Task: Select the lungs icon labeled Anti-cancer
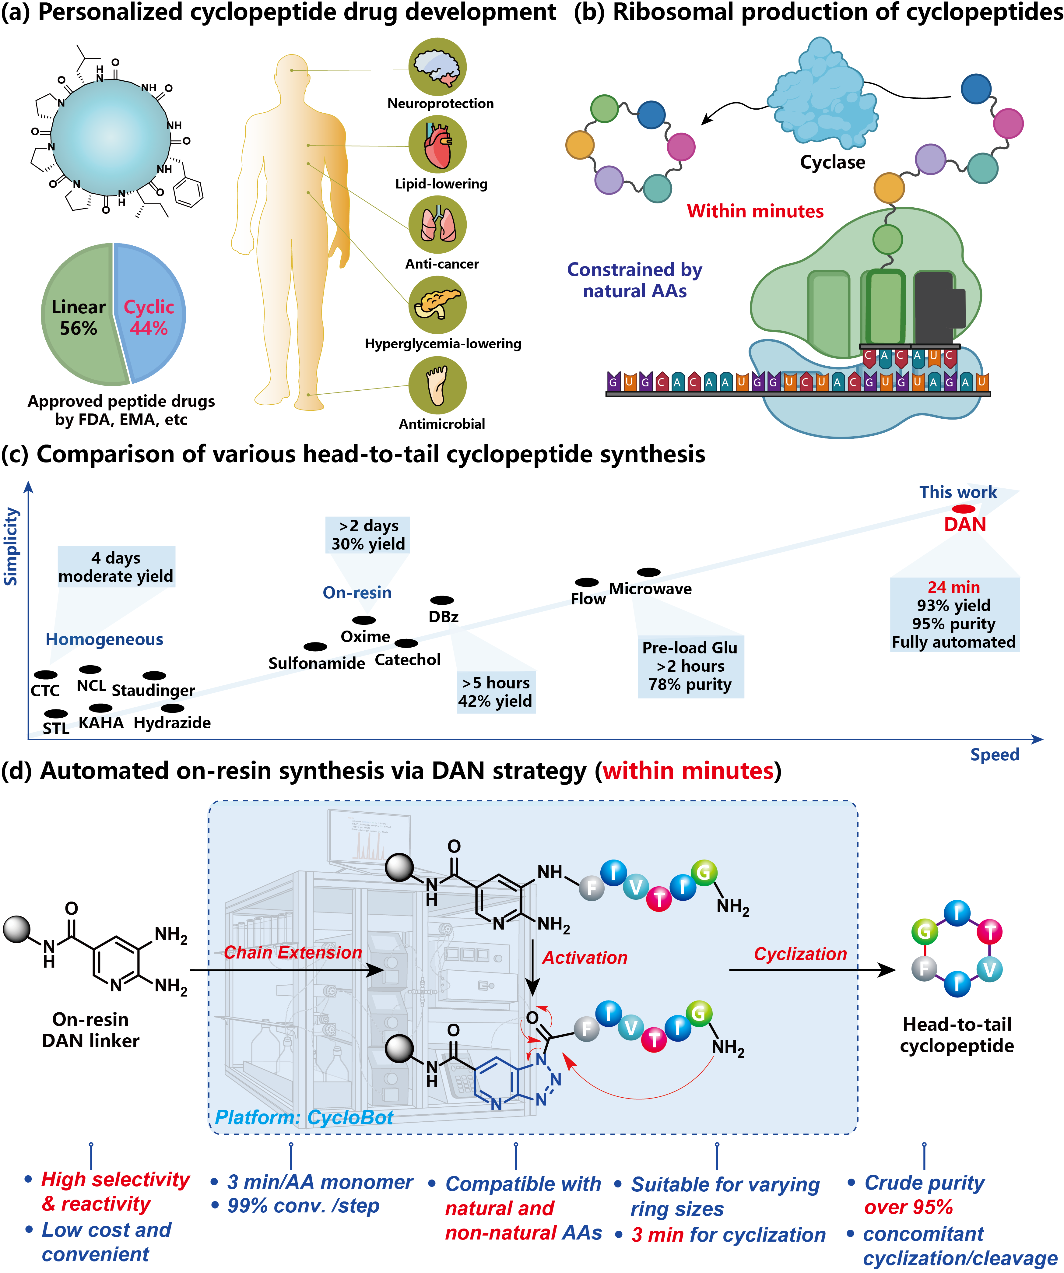(437, 225)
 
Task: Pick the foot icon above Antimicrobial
(437, 385)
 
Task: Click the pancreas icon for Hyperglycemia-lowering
(437, 305)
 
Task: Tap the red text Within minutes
(755, 211)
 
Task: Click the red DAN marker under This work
(963, 508)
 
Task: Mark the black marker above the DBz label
(442, 600)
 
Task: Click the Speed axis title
(994, 755)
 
